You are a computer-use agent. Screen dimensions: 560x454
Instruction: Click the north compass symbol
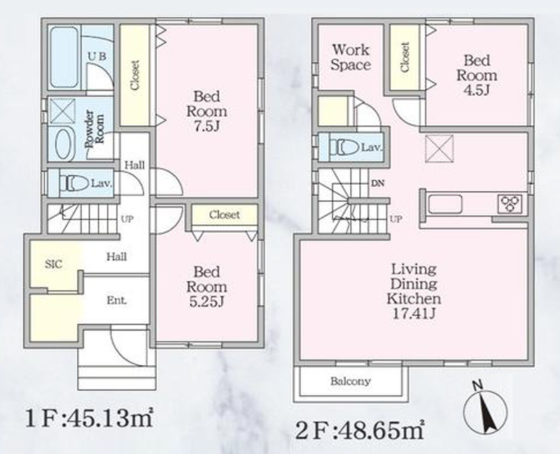pos(485,409)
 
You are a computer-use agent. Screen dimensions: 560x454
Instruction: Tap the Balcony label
pos(350,381)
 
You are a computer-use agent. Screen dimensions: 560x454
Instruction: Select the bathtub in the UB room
pos(64,57)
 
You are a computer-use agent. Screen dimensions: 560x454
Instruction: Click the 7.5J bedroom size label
pos(206,127)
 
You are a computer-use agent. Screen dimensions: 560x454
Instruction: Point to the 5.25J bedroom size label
pos(206,302)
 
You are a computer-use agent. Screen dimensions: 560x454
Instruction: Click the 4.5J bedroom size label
pos(477,90)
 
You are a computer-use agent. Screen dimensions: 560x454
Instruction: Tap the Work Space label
pos(351,57)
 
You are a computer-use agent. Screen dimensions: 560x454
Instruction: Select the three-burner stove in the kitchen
pos(510,204)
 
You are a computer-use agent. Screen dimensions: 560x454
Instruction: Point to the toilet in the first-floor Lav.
pos(74,183)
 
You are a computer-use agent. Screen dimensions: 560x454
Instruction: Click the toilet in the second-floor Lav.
pos(344,147)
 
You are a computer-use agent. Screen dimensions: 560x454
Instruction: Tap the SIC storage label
pos(54,264)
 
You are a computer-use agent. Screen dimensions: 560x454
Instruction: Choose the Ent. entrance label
pos(117,300)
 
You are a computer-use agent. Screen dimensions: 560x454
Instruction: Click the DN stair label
pos(377,183)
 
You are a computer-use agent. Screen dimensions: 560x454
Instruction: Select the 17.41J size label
pos(414,313)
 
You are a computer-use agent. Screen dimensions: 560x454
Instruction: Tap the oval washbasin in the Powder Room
pos(64,144)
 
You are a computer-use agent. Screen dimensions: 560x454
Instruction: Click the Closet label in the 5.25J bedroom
pos(224,215)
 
